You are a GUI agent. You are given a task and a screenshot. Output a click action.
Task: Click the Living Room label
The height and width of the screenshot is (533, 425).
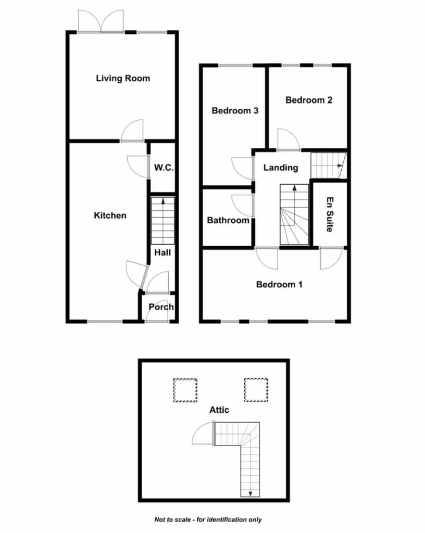coord(123,79)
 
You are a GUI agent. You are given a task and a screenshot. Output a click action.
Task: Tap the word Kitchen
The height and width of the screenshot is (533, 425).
coord(110,215)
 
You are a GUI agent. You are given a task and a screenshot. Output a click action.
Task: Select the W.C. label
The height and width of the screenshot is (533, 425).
coord(164,168)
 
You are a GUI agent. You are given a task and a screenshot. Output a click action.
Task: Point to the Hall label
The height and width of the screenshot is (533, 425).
coord(162,252)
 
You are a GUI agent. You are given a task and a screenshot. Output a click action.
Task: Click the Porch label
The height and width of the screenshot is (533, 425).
coord(161,307)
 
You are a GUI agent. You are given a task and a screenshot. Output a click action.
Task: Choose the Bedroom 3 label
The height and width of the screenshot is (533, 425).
coord(235,110)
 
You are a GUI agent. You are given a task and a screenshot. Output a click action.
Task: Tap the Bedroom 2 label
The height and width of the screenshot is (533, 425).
coord(309,100)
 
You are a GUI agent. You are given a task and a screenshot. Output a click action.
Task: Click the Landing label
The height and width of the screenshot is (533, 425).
coord(281,168)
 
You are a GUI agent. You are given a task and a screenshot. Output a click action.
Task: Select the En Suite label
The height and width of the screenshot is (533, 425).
coord(330,214)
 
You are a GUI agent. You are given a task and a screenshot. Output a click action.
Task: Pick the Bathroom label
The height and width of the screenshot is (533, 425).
coord(228,220)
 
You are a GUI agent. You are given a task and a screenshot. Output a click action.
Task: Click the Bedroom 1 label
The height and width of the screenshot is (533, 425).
coord(279,285)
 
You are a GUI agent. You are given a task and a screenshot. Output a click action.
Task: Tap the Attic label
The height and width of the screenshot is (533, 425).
coord(219,410)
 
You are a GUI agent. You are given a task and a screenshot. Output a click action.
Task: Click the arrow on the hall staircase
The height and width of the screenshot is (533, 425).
coord(163,201)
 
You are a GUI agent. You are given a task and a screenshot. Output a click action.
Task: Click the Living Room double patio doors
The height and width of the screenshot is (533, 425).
coord(101,21)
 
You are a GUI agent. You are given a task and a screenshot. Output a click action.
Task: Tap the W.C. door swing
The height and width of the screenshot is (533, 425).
coord(137,167)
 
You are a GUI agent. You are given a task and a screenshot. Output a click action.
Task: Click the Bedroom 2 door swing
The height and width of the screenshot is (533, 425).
coord(289,139)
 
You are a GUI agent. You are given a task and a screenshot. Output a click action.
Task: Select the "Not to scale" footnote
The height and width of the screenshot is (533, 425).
coord(208,519)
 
